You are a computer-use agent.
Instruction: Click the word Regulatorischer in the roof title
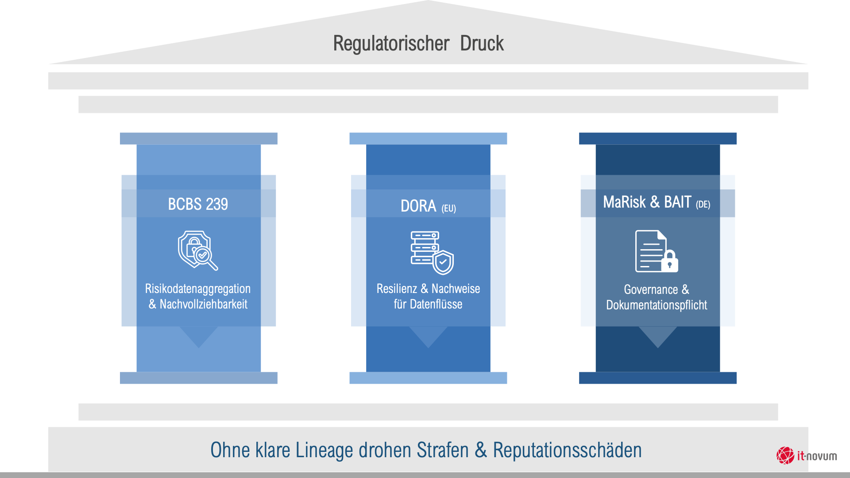(391, 43)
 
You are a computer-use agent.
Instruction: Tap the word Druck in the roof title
(482, 43)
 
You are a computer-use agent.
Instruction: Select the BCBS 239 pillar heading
(198, 204)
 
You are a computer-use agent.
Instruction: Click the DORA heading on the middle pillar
(418, 206)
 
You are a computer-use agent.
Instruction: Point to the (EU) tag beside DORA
(448, 208)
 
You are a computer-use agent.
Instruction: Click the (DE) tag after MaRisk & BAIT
(703, 204)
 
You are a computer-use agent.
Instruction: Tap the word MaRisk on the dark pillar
(624, 202)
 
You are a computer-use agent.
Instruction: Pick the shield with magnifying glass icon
(198, 250)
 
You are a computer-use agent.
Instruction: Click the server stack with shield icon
(432, 252)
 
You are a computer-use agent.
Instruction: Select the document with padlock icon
(656, 251)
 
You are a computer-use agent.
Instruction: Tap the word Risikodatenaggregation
(198, 289)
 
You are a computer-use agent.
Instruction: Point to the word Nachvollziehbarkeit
(203, 304)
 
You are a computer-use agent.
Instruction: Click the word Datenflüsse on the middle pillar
(436, 304)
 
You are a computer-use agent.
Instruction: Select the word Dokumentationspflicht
(657, 305)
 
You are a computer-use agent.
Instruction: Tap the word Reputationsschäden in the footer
(567, 450)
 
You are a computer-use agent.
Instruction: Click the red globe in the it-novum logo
(785, 455)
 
